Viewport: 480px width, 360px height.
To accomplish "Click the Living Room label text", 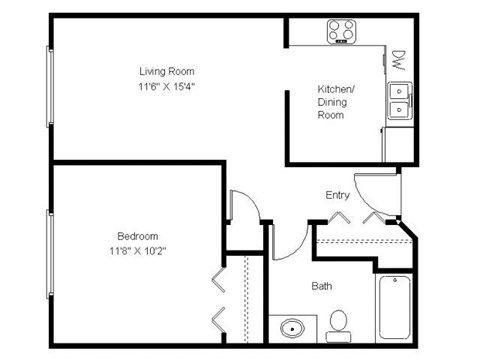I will (166, 71).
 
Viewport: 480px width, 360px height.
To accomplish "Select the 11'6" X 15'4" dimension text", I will (166, 87).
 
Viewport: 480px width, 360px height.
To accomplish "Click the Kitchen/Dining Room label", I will (331, 102).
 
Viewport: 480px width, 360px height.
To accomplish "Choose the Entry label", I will (337, 195).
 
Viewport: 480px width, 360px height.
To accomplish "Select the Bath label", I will (322, 286).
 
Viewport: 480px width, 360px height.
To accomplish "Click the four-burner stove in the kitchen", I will (342, 31).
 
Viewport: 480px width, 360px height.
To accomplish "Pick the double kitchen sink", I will (399, 98).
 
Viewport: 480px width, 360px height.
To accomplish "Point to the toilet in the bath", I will (338, 321).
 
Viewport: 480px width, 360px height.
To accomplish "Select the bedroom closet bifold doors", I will (218, 299).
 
